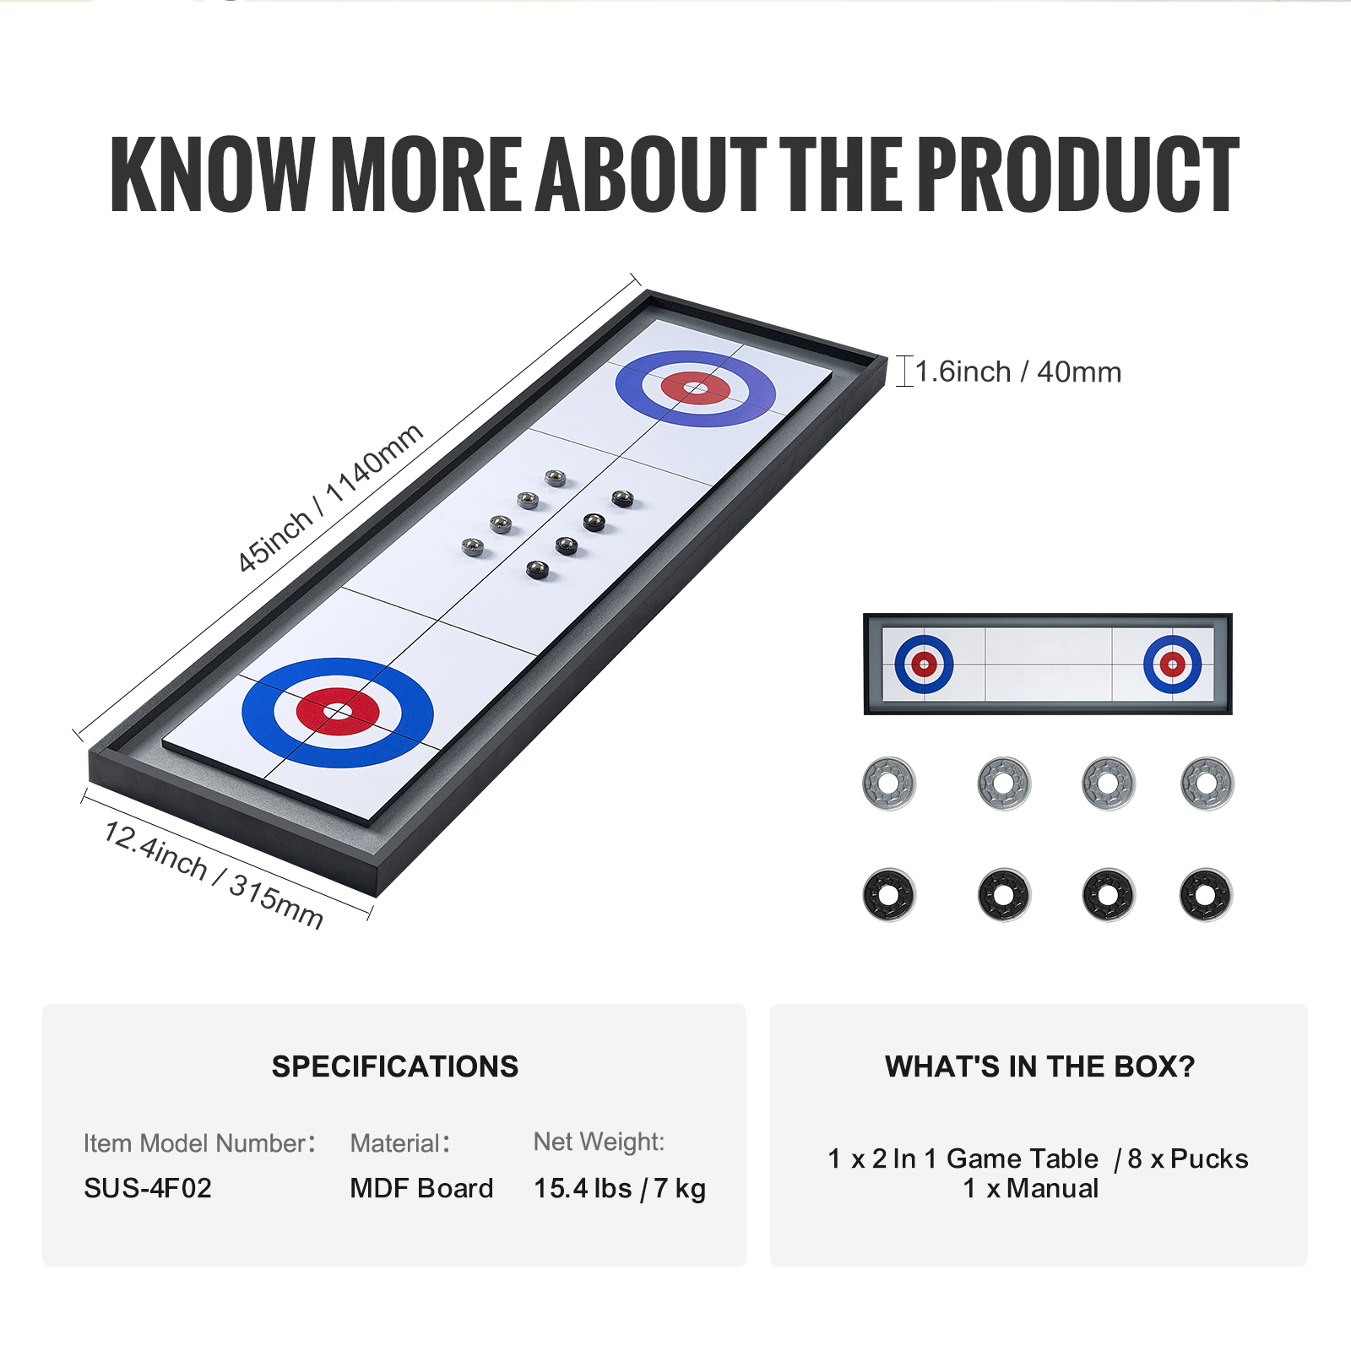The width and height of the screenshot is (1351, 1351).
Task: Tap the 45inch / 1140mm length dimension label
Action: pos(329,498)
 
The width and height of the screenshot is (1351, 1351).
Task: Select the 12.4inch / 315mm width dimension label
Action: pos(214,875)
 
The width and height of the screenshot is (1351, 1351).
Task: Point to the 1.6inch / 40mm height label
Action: pos(1018,372)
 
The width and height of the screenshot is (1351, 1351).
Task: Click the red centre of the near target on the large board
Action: pos(338,712)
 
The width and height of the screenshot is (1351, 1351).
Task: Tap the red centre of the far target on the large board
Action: pos(696,388)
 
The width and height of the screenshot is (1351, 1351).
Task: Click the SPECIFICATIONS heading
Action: pos(395,1066)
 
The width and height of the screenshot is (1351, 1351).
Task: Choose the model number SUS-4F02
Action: pos(148,1188)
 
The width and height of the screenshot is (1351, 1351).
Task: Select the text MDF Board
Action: pos(421,1188)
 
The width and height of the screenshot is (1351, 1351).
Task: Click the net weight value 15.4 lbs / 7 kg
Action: pos(620,1188)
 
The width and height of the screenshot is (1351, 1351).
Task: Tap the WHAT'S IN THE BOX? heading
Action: pos(1040,1066)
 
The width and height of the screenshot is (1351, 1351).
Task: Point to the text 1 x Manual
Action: pos(1031,1188)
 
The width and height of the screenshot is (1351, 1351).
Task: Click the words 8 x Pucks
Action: pos(1188,1158)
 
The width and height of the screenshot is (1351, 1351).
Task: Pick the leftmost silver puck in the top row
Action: pos(889,784)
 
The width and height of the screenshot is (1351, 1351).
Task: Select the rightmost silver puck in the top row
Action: pos(1207,784)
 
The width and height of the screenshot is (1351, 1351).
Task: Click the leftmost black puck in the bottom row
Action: pos(889,895)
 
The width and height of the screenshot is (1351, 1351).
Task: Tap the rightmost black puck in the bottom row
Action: pos(1207,895)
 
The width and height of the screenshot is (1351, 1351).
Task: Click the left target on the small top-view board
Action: pos(925,665)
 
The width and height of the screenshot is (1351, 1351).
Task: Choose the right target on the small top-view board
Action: pos(1173,665)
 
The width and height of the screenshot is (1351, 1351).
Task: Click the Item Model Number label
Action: pos(199,1143)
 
